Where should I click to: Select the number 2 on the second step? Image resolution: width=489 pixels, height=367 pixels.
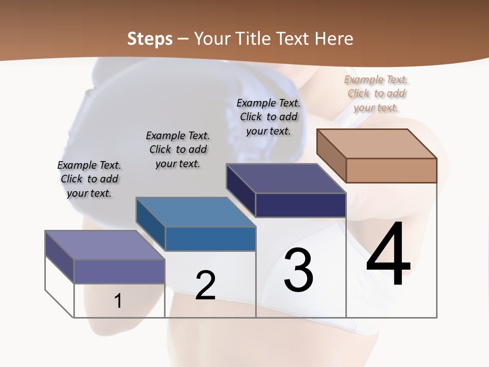point(205,285)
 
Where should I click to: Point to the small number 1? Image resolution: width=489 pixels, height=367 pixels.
point(118,301)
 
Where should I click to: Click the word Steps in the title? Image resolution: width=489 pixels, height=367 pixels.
point(150,39)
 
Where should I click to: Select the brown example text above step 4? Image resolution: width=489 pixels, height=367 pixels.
point(376,93)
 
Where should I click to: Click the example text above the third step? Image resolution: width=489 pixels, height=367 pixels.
point(268,117)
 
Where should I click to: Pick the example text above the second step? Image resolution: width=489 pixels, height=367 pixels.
point(178,149)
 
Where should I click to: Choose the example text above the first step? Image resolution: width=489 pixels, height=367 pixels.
point(89,179)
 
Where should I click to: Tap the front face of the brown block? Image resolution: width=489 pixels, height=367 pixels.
point(391,170)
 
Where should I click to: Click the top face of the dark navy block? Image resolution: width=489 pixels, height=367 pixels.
point(286,178)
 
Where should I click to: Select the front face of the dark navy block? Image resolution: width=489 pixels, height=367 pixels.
point(301,205)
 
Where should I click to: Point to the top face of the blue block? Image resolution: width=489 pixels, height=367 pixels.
point(196,212)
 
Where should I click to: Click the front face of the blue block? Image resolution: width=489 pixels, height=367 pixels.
point(210,239)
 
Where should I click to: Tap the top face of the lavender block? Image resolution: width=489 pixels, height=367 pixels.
point(105,245)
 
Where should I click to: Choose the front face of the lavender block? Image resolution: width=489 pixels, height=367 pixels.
point(120,271)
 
